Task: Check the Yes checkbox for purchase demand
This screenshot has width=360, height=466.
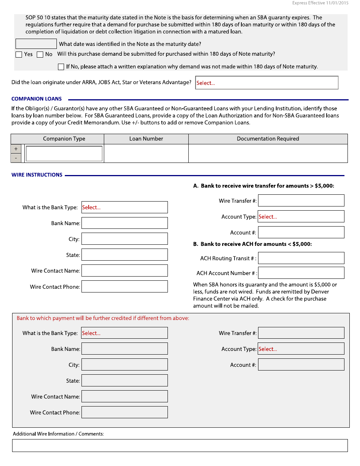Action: pyautogui.click(x=19, y=55)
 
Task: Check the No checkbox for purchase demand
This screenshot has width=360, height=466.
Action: pyautogui.click(x=40, y=55)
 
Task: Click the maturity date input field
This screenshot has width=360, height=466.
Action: pyautogui.click(x=36, y=44)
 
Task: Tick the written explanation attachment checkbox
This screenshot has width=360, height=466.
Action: pyautogui.click(x=61, y=67)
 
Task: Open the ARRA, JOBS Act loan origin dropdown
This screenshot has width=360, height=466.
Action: pyautogui.click(x=267, y=83)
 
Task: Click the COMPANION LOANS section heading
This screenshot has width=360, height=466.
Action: pyautogui.click(x=36, y=99)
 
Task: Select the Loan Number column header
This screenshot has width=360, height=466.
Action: pyautogui.click(x=146, y=139)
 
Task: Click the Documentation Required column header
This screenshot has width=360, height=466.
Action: pyautogui.click(x=268, y=139)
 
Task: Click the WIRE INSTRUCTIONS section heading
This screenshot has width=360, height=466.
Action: pyautogui.click(x=37, y=175)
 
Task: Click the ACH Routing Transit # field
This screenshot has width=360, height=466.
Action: pyautogui.click(x=301, y=258)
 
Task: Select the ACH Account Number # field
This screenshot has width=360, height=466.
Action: pyautogui.click(x=301, y=273)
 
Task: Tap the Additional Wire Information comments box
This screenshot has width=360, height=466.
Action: pyautogui.click(x=180, y=446)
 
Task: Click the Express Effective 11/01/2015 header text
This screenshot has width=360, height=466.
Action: pyautogui.click(x=320, y=3)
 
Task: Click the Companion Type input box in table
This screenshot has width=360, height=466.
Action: pyautogui.click(x=64, y=153)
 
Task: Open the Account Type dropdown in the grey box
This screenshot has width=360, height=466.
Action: pyautogui.click(x=301, y=349)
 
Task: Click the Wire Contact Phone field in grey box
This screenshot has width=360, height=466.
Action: pyautogui.click(x=124, y=412)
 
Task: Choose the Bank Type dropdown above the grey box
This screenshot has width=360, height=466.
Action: pyautogui.click(x=124, y=207)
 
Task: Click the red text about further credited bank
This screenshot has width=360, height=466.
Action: pyautogui.click(x=103, y=318)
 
